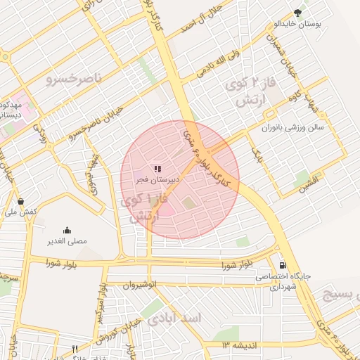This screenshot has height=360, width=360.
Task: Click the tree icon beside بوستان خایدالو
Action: point(297,13)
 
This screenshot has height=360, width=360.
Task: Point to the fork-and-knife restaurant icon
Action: point(75,349)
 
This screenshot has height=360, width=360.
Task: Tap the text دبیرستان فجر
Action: point(158,180)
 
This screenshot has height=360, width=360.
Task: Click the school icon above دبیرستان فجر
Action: point(158,169)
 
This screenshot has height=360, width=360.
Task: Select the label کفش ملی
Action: point(20,212)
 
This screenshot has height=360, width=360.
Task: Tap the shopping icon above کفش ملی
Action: point(20,201)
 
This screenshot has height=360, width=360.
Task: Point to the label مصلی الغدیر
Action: point(67,240)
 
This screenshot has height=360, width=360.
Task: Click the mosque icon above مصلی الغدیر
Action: point(67,230)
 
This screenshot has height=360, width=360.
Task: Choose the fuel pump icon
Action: point(283,266)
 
